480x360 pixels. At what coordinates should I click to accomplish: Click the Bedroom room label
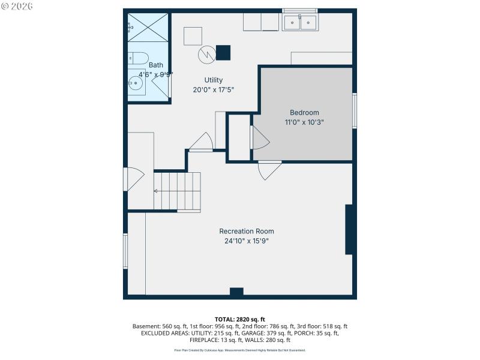coord(304,112)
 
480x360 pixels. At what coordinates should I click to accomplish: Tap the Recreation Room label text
coord(247,231)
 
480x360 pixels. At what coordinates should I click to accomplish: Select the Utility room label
coord(213,80)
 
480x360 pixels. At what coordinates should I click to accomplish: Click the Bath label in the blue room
coord(155,65)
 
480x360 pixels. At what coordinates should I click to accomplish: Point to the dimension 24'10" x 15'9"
coord(247,241)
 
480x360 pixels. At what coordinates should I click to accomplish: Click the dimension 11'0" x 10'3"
coord(304,122)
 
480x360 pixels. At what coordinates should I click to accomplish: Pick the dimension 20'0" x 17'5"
coord(213,90)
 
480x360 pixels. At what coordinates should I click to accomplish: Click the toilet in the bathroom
coord(138,59)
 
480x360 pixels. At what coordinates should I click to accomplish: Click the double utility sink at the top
coord(300,23)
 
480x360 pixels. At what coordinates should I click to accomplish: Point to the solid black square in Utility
coord(223,53)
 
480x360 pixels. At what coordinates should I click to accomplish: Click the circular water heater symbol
coord(206,55)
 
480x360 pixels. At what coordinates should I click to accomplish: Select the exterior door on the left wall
coord(133,179)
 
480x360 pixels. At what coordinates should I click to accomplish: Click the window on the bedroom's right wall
coord(355,111)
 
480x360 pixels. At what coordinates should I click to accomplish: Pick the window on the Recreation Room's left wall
coord(125,251)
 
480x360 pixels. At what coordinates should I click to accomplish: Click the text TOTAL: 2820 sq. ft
coord(239,319)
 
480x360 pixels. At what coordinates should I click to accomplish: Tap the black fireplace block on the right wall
coord(350,229)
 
